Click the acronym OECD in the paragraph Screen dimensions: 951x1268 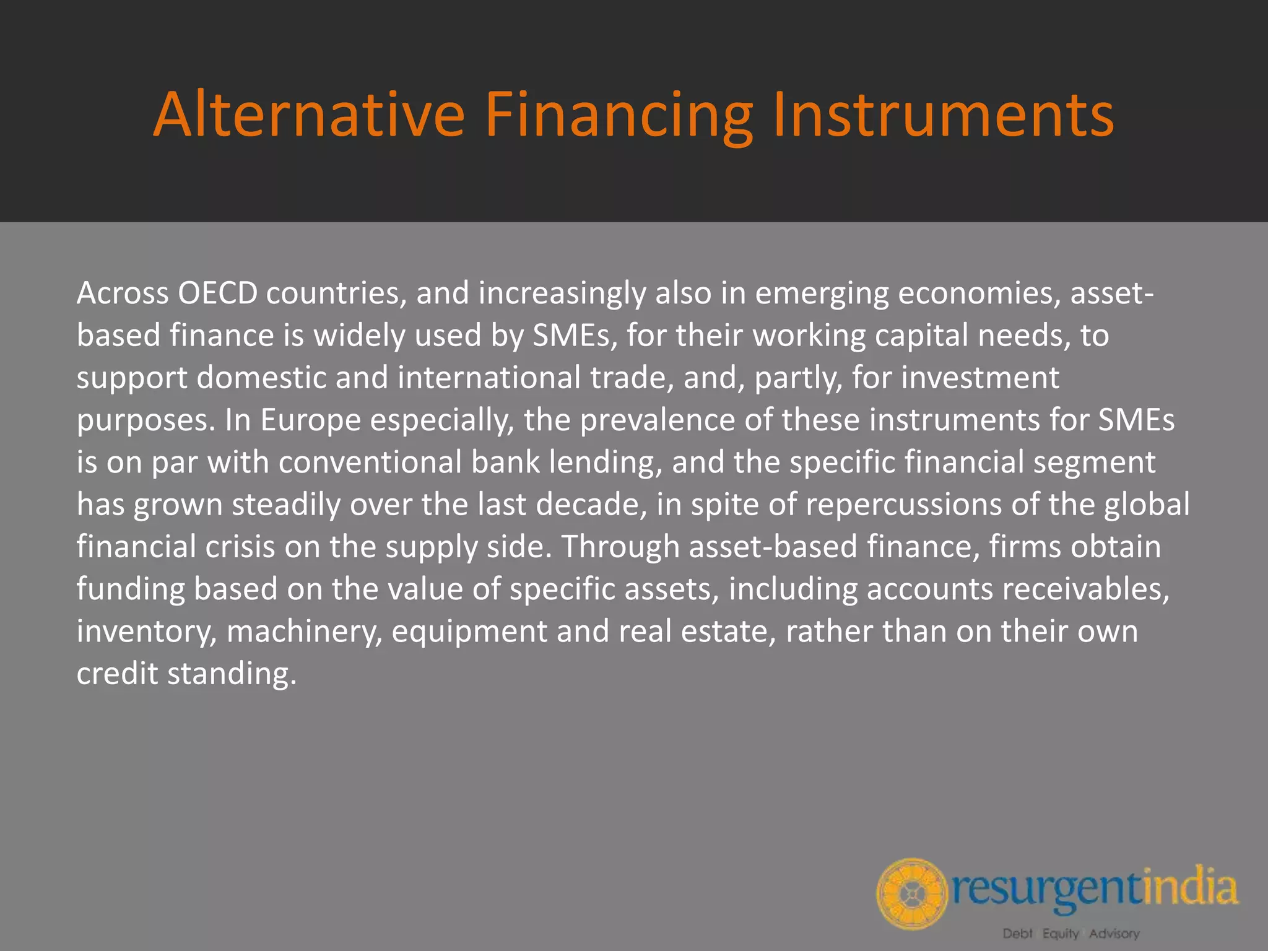(x=217, y=293)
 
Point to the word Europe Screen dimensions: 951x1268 (x=310, y=420)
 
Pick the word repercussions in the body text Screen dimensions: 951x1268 (x=903, y=505)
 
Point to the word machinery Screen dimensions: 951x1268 (x=304, y=632)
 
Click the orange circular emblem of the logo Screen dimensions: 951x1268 (x=912, y=893)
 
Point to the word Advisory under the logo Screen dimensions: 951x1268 (x=1114, y=933)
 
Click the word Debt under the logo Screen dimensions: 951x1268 (x=1018, y=933)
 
